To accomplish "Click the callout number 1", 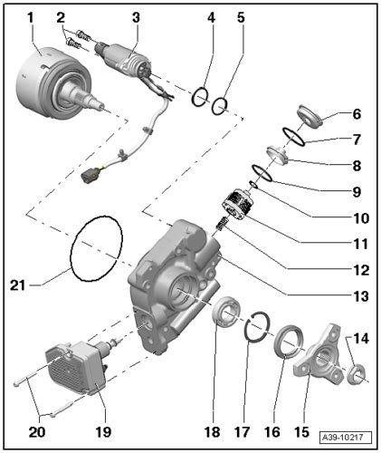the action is point(31,18).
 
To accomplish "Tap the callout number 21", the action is point(17,285).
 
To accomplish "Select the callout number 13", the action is point(361,296).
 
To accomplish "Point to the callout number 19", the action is point(103,432).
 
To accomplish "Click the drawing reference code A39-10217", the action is point(346,438).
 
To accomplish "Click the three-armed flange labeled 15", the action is point(319,356).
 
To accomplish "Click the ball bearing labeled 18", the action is point(225,312).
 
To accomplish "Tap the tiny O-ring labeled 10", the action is point(253,184).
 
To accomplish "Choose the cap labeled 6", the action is point(309,117).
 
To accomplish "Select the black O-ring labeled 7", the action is point(293,137).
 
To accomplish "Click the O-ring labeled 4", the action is point(200,97).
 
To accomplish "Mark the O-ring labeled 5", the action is point(220,106).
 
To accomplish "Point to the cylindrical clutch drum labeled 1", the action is point(52,83).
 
